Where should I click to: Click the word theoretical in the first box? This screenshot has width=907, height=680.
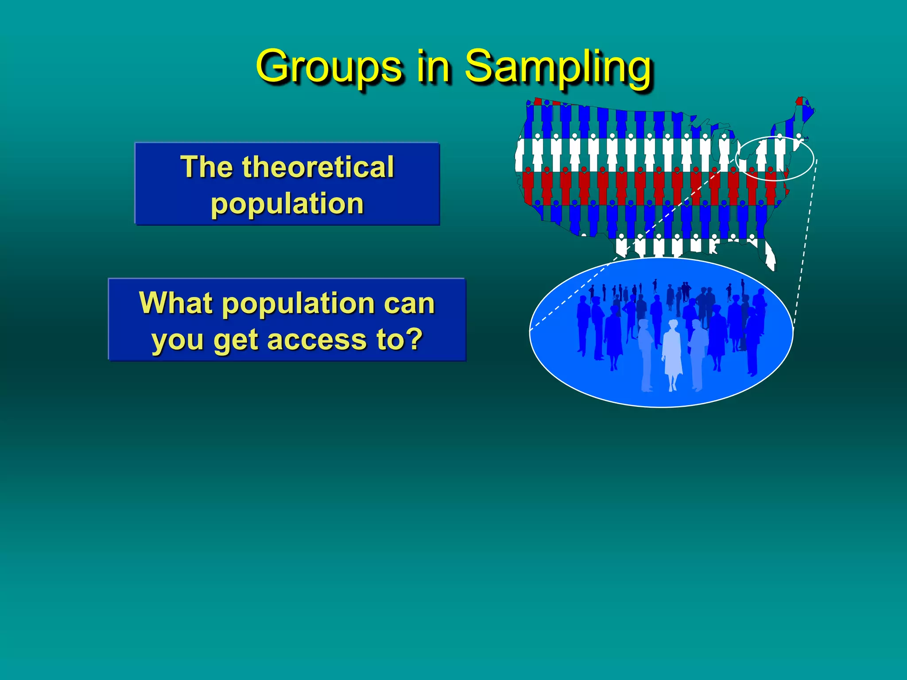318,167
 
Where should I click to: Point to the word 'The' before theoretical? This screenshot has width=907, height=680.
206,167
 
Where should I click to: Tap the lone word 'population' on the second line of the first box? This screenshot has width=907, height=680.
287,204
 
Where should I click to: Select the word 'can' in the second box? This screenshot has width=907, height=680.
409,304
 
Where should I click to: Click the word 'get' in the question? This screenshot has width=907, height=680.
236,341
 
